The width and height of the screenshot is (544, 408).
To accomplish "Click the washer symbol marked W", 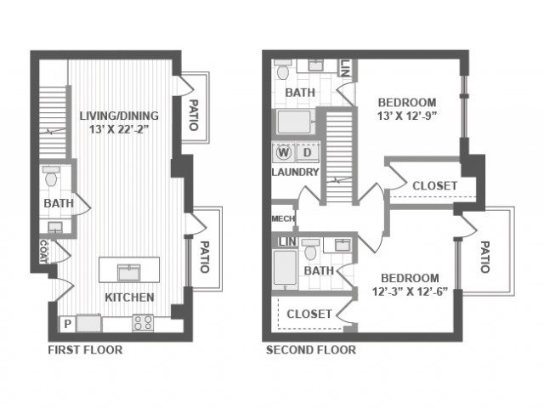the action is [283, 153].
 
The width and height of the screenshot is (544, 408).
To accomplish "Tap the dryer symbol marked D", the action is [308, 153].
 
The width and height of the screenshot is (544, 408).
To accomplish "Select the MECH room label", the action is [283, 219].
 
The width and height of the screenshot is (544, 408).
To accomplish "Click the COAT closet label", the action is [43, 252].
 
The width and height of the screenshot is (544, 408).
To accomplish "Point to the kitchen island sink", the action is [129, 272].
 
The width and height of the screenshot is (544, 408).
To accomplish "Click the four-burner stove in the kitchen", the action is [143, 323].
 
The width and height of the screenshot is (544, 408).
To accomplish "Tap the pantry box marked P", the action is [68, 324].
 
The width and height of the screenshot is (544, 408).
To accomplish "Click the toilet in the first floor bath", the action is [51, 176].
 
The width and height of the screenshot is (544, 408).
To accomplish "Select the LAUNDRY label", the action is [295, 172].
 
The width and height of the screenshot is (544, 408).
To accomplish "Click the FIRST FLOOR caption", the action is [85, 349].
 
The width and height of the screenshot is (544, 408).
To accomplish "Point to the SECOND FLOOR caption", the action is [311, 349].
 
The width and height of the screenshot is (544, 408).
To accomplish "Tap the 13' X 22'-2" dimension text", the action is [119, 129].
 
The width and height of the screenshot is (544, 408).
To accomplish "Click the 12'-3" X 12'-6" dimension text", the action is [410, 292].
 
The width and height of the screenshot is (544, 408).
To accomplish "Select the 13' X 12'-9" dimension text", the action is [406, 116].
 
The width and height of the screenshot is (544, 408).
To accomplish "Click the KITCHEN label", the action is [129, 297].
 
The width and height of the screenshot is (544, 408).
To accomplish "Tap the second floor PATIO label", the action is [484, 257].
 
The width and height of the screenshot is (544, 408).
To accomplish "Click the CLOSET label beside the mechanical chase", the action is [434, 186].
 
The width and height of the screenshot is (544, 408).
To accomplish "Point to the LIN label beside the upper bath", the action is [345, 67].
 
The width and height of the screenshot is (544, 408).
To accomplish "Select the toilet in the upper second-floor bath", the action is [283, 70].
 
